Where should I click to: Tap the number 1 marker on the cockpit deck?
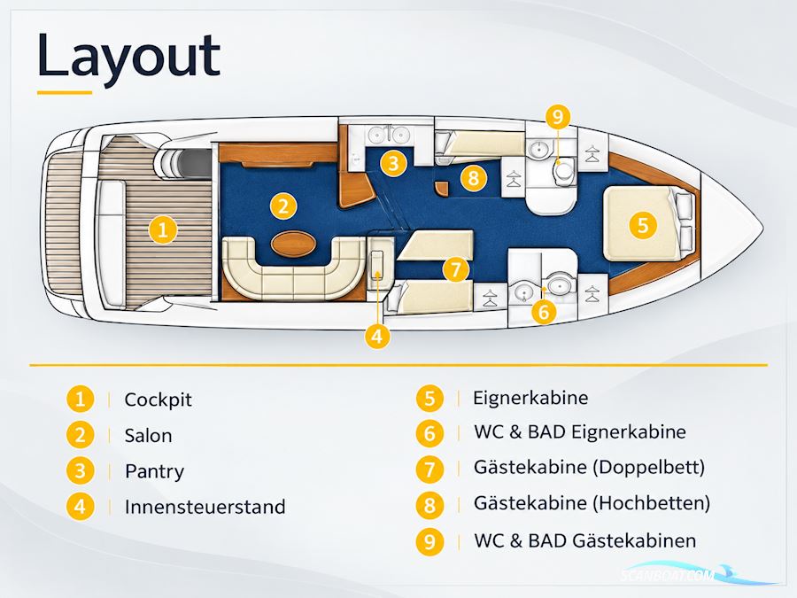(163, 229)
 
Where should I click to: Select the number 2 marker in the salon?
(283, 206)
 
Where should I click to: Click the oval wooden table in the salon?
(293, 244)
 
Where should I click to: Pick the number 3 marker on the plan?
(393, 163)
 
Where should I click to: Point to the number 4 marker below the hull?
(377, 336)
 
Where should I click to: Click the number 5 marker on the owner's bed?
(643, 224)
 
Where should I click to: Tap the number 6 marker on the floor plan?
(544, 311)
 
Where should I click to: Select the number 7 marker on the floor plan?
(455, 269)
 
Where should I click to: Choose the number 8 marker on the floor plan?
(474, 178)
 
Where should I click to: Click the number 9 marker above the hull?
(558, 117)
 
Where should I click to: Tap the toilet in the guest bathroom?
(564, 172)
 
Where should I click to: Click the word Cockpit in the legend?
(159, 400)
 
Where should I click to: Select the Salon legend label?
(149, 436)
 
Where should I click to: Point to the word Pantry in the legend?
(154, 472)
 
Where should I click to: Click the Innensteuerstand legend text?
(205, 507)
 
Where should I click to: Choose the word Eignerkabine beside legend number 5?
(530, 398)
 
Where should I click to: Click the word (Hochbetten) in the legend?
(652, 503)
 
